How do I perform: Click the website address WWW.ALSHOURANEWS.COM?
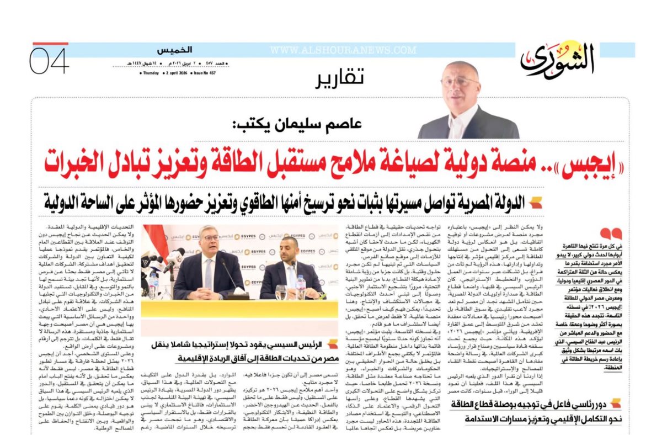coord(343,50)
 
